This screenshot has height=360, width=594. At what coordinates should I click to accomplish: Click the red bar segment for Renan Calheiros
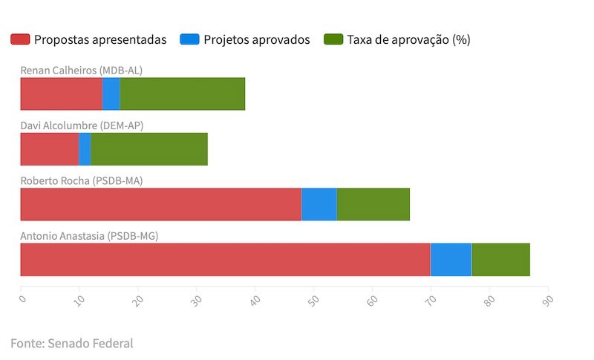click(61, 94)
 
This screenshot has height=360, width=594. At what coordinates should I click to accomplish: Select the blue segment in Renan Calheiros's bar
click(111, 94)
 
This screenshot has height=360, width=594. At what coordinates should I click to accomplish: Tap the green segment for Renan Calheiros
click(183, 94)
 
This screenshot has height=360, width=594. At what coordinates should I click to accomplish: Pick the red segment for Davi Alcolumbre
click(49, 149)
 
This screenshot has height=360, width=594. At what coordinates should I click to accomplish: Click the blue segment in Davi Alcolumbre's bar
click(85, 149)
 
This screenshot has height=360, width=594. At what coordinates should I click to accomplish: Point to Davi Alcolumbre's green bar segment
click(149, 149)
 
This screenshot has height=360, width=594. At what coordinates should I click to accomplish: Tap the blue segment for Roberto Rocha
click(319, 204)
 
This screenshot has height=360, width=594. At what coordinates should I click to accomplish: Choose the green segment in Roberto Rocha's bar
click(373, 204)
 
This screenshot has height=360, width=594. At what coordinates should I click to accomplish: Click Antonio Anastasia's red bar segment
click(225, 259)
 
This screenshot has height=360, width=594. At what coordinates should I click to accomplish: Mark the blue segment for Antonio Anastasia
click(451, 259)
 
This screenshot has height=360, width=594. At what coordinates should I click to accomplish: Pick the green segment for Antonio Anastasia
click(501, 259)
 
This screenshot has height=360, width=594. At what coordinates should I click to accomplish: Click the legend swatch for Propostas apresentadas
click(20, 39)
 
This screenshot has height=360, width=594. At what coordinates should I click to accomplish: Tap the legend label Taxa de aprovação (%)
click(408, 39)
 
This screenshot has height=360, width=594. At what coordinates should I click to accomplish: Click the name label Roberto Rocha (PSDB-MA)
click(81, 180)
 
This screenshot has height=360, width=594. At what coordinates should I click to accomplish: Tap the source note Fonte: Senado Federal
click(71, 343)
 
